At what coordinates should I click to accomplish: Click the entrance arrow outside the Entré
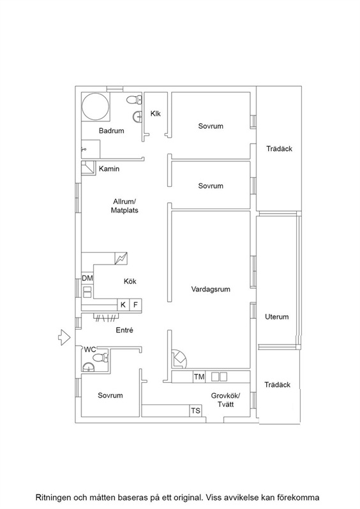tap(64, 337)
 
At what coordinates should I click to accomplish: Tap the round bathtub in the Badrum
tap(96, 107)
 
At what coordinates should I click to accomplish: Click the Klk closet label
tap(156, 114)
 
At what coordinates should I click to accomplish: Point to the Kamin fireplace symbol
tap(88, 168)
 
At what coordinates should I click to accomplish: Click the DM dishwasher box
tap(87, 278)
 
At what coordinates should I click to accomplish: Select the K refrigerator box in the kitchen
tap(123, 305)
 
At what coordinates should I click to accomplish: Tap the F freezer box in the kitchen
tap(135, 305)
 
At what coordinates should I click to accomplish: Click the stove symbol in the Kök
tap(121, 258)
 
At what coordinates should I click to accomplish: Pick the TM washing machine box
tap(199, 377)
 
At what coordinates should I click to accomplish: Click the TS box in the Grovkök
tap(195, 411)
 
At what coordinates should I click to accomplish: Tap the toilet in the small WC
tap(100, 358)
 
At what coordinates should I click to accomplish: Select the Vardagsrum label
tap(211, 289)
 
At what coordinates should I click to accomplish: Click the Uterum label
tap(277, 316)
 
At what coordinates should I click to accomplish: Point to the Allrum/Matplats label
tap(124, 206)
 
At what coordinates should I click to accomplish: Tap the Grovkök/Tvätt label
tap(225, 400)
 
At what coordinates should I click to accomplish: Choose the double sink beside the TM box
tap(220, 377)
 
